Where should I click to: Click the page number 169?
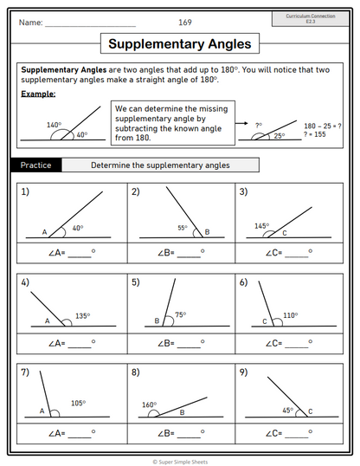coord(185,23)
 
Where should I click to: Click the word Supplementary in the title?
coord(157,44)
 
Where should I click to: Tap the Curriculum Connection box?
coord(311,19)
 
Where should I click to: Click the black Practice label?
coord(36,165)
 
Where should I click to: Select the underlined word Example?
coord(38,94)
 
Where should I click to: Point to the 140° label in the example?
coord(54,125)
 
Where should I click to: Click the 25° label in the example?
coord(280,136)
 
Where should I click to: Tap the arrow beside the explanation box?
coord(241,123)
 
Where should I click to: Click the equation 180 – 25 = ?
coord(322,126)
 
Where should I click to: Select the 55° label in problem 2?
coord(183,228)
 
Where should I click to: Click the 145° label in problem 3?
coord(261,226)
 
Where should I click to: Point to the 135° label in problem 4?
coord(82,316)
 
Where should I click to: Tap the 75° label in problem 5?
coord(181,314)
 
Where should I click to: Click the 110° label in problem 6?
coord(290,315)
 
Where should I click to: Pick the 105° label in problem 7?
coord(79,404)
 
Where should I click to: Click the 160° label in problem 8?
coord(149,405)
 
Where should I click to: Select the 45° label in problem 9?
coord(288,411)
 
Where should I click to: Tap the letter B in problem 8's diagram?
coord(182,412)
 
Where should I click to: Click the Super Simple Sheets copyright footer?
coord(180,462)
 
